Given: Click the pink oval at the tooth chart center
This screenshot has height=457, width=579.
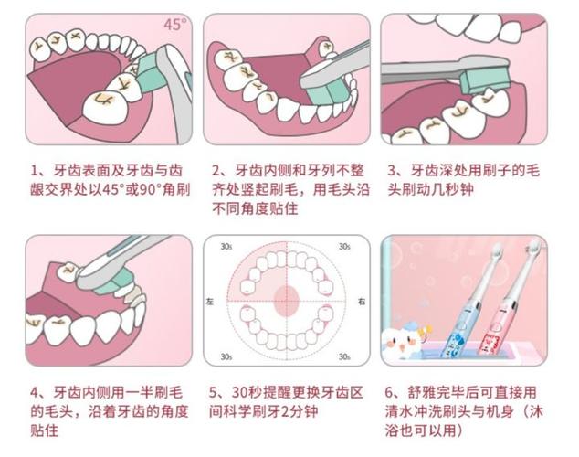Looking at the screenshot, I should [x=288, y=298].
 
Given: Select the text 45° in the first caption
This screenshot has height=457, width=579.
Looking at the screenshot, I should [x=136, y=190].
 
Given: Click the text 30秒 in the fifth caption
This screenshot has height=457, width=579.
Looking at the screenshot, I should [x=248, y=392].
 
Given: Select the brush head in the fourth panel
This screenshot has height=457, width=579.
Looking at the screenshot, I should [x=123, y=267].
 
